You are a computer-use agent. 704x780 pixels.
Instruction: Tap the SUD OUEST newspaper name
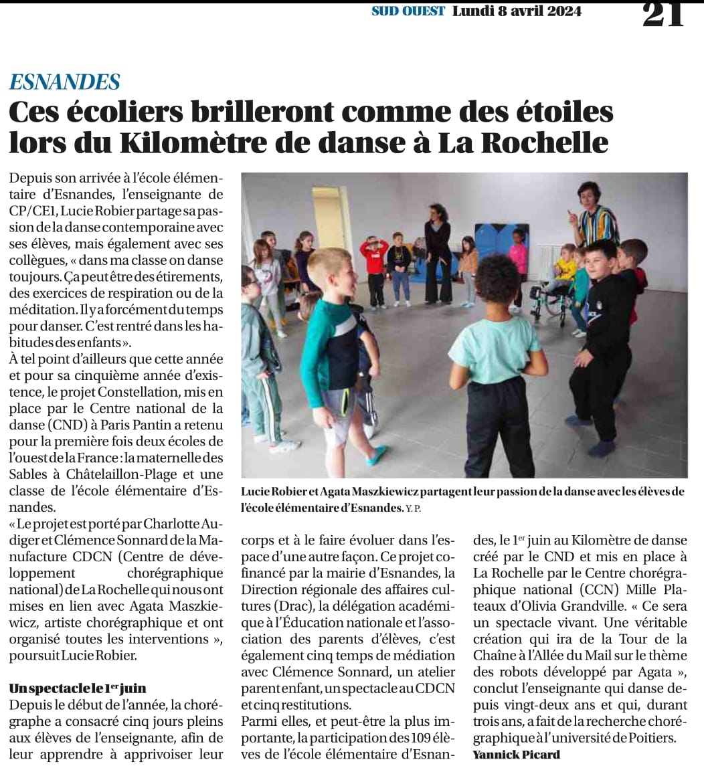click(x=408, y=11)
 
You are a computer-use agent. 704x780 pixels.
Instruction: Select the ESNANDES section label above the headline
click(x=65, y=82)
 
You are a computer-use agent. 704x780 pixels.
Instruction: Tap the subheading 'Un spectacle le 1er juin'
click(x=78, y=688)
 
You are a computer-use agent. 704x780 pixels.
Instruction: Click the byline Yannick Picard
click(x=516, y=754)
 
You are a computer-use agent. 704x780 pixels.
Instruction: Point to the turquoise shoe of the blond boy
click(x=376, y=456)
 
